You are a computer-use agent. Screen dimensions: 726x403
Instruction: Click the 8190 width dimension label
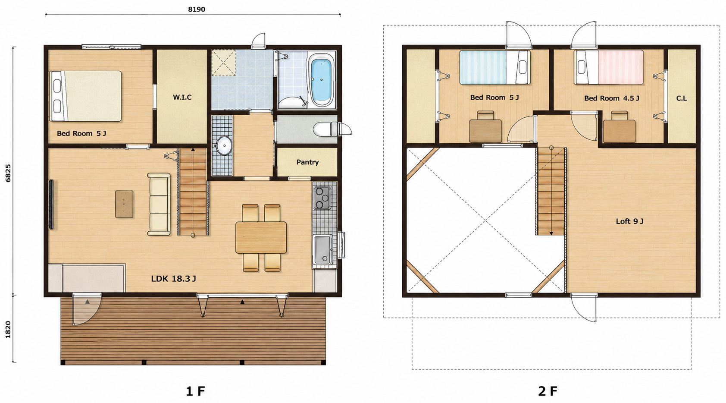coord(197,9)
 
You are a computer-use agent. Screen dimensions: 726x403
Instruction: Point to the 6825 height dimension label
coord(8,173)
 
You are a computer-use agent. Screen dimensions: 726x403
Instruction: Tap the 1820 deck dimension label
coord(8,329)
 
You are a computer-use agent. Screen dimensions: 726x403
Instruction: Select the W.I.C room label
coord(182,97)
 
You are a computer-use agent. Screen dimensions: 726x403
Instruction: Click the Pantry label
coord(307,162)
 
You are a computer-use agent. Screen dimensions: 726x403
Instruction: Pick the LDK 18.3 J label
coord(173,278)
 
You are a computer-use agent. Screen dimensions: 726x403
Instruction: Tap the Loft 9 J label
coord(629,221)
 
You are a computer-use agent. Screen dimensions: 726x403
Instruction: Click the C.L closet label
coord(681,98)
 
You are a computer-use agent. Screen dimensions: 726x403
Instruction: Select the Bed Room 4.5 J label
coord(612,98)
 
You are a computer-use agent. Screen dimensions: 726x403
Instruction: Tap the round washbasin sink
coord(224,146)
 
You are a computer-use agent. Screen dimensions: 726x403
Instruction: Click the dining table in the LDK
coord(261,237)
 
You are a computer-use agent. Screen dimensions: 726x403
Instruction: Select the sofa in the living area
coord(159,204)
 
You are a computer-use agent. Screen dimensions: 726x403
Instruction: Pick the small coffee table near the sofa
coord(124,204)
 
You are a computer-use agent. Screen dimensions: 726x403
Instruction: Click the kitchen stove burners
coord(322,198)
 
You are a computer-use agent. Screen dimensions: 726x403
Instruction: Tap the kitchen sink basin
coord(322,249)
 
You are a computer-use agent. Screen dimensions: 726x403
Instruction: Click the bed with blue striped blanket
coord(495,67)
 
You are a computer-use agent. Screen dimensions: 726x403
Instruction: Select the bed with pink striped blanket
coord(609,67)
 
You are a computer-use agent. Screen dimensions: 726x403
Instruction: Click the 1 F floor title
coord(195,391)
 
